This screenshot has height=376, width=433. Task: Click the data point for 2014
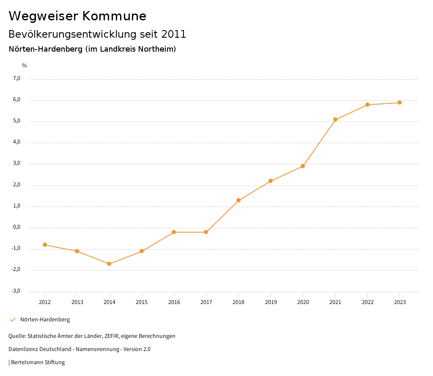[x=109, y=264]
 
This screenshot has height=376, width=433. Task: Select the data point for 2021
[x=335, y=119]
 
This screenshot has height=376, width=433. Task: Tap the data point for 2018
[x=238, y=200]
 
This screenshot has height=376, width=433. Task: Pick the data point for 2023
[x=400, y=102]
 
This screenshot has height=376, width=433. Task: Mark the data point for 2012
[x=45, y=245]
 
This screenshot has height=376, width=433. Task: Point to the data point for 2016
[x=174, y=232]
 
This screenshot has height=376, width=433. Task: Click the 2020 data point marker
[x=303, y=166]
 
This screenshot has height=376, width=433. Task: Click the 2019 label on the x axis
[x=271, y=302]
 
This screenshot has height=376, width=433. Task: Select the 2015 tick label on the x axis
[x=142, y=302]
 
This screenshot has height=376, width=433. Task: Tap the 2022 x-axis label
[x=367, y=302]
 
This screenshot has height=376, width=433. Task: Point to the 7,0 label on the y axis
[x=16, y=78]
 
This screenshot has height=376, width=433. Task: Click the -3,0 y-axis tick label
[x=16, y=291]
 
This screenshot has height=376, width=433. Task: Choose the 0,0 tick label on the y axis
[x=16, y=227]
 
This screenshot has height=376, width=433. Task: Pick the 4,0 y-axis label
[x=16, y=142]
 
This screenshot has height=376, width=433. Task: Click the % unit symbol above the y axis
[x=25, y=65]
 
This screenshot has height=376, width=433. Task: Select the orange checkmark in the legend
[x=13, y=320]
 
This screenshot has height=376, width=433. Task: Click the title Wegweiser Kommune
[x=77, y=16]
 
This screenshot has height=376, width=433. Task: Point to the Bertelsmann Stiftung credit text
[x=38, y=362]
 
